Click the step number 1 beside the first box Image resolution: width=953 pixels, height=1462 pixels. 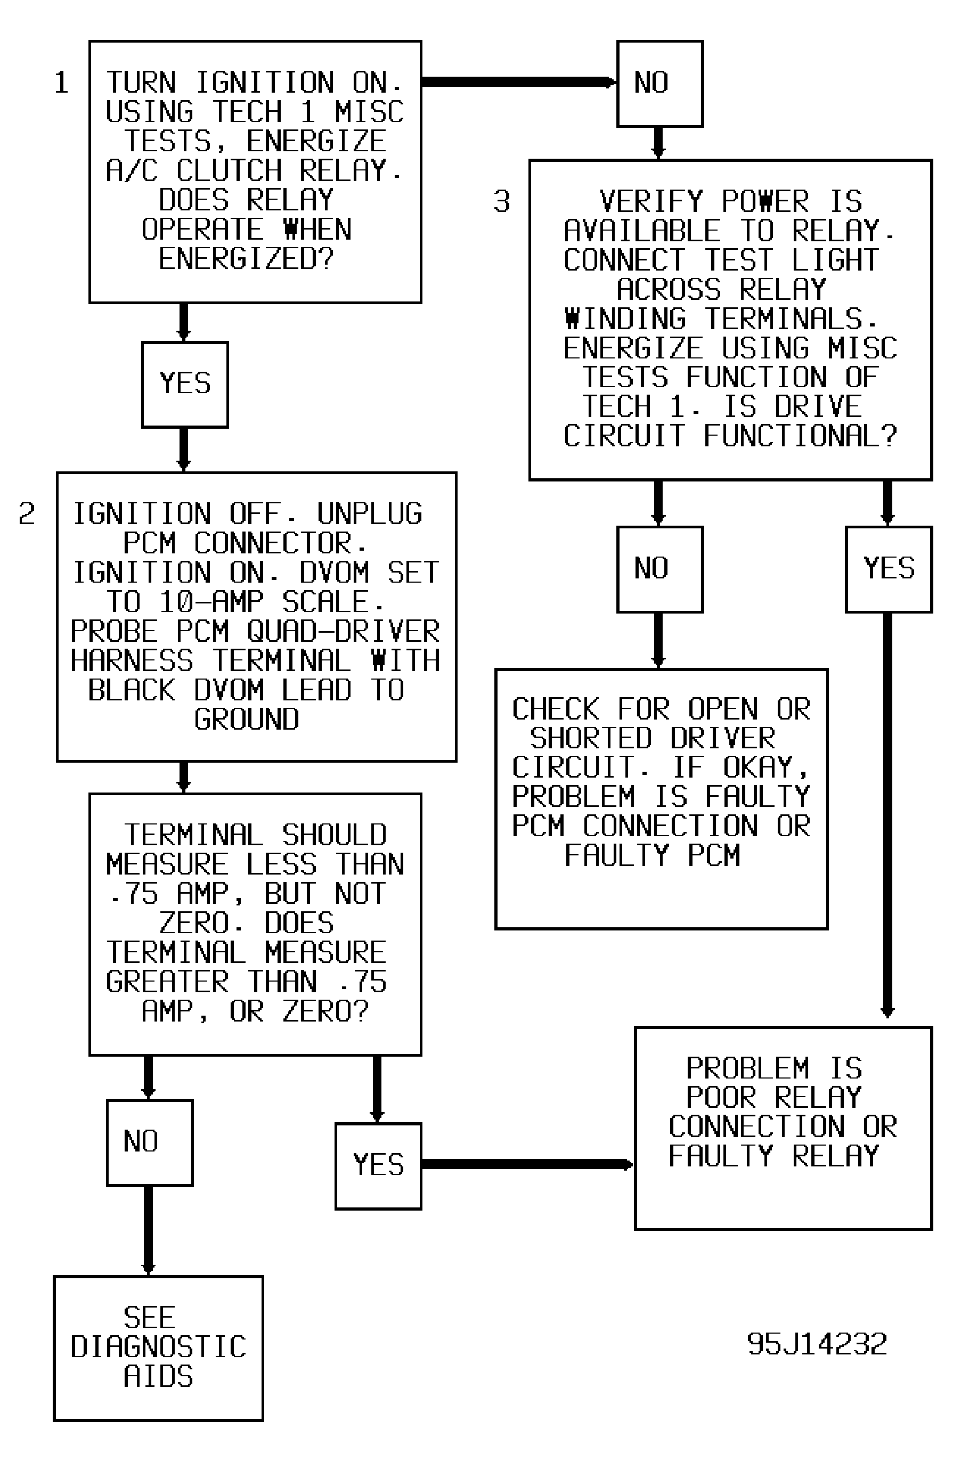click(61, 83)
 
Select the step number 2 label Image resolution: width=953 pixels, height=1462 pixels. click(27, 513)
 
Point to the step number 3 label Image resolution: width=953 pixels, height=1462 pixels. click(502, 201)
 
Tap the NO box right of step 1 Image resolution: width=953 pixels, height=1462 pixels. click(660, 84)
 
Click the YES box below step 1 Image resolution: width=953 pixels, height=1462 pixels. click(185, 385)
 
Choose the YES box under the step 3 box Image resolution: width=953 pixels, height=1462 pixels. click(889, 569)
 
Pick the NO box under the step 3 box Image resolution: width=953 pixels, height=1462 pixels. click(660, 569)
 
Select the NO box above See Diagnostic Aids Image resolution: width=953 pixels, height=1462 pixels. click(149, 1142)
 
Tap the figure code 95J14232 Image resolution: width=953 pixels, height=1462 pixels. click(817, 1344)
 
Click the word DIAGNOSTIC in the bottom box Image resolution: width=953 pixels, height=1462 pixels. click(159, 1346)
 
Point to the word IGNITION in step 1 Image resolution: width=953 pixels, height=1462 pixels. click(265, 83)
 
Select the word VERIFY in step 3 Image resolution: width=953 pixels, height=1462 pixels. click(651, 201)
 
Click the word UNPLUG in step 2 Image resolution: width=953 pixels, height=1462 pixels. click(370, 513)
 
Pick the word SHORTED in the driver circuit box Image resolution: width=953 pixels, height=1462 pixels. click(590, 738)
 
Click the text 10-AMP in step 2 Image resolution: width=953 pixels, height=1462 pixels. click(211, 601)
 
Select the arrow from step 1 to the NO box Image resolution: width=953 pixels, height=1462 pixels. click(519, 83)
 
